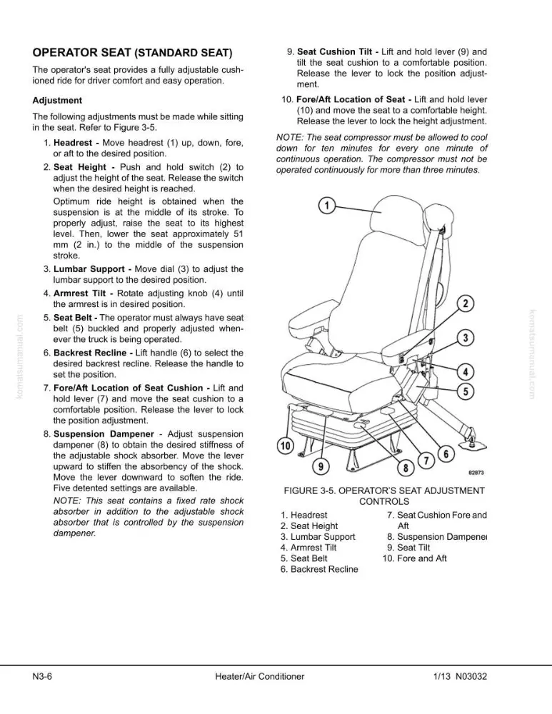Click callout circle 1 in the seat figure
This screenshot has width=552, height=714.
pyautogui.click(x=326, y=206)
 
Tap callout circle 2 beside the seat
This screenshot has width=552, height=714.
pyautogui.click(x=466, y=303)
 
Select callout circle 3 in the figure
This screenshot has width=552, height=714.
pyautogui.click(x=466, y=338)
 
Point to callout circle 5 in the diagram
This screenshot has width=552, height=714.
pyautogui.click(x=466, y=391)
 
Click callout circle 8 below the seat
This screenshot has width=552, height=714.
pyautogui.click(x=406, y=468)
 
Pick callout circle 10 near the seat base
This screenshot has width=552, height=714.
pyautogui.click(x=286, y=446)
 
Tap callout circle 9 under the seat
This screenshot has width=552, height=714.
pyautogui.click(x=321, y=466)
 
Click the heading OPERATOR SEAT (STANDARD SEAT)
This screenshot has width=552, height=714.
pyautogui.click(x=132, y=53)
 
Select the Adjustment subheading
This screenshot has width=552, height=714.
pyautogui.click(x=57, y=101)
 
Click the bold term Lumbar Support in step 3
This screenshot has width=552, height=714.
pyautogui.click(x=89, y=269)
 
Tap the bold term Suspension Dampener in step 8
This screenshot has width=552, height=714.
pyautogui.click(x=104, y=434)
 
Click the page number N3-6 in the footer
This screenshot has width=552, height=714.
pyautogui.click(x=42, y=676)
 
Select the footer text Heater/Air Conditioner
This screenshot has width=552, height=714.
pyautogui.click(x=260, y=676)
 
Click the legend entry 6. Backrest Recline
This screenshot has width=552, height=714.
pyautogui.click(x=319, y=569)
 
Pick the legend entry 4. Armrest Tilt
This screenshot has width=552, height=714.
pyautogui.click(x=308, y=548)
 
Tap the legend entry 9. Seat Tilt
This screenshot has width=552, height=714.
pyautogui.click(x=408, y=548)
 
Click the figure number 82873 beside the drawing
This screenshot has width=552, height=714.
pyautogui.click(x=476, y=473)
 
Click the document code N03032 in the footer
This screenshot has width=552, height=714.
pyautogui.click(x=471, y=676)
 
